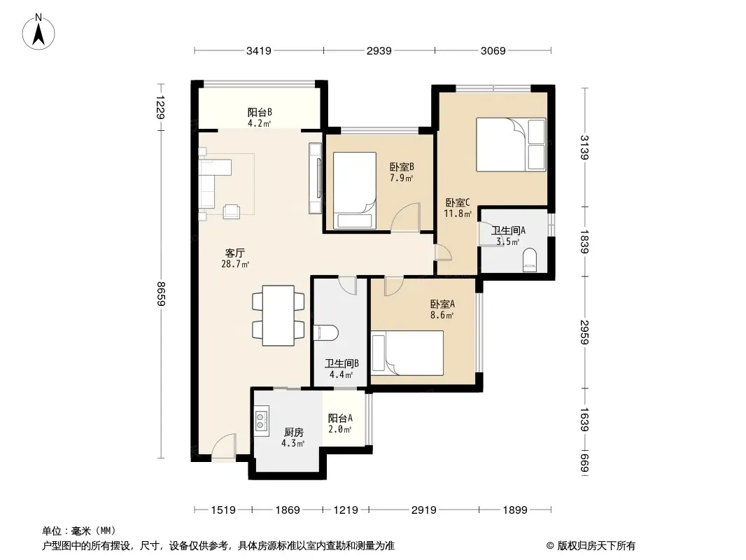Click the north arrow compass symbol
(x=38, y=32)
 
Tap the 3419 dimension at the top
(x=259, y=50)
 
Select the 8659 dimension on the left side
(x=161, y=294)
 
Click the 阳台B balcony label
(x=260, y=112)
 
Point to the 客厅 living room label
(x=235, y=253)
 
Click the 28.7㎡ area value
(x=235, y=264)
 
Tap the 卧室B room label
(x=402, y=167)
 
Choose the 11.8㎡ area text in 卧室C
(x=458, y=213)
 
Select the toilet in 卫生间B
(x=326, y=333)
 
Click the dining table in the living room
(x=279, y=316)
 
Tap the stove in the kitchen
(x=261, y=421)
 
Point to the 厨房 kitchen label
(x=293, y=432)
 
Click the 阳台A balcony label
(x=340, y=418)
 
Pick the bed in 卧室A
(x=407, y=353)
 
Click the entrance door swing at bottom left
(x=224, y=447)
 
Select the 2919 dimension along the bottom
(x=424, y=510)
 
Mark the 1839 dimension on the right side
(x=584, y=241)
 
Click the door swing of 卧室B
(x=406, y=216)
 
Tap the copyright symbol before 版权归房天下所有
(x=550, y=546)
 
